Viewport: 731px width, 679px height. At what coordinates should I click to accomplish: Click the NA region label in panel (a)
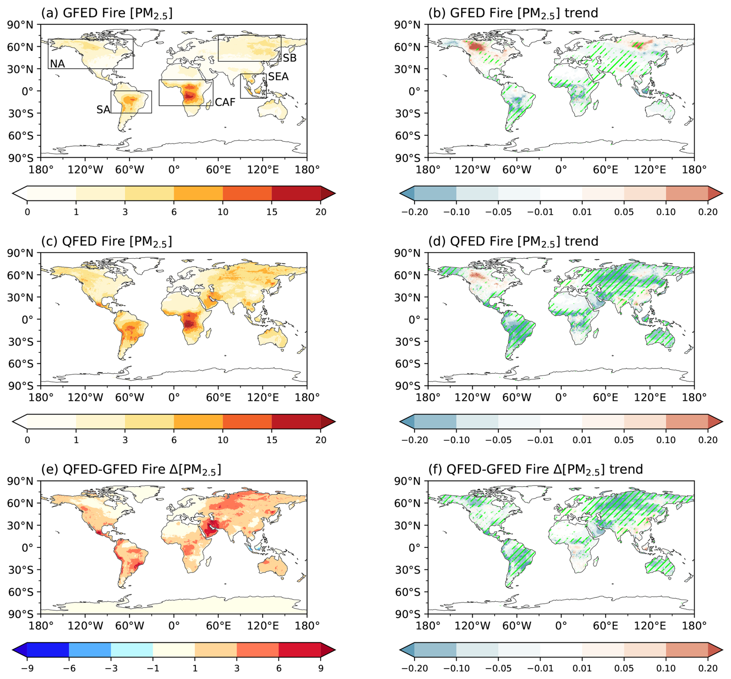pos(57,63)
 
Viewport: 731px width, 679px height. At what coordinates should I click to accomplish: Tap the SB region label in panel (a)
pos(289,58)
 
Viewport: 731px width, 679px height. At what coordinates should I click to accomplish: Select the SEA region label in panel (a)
pos(278,77)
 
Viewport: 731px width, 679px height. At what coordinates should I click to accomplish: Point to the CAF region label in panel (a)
pos(225,102)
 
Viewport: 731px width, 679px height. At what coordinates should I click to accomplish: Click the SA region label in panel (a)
pos(103,110)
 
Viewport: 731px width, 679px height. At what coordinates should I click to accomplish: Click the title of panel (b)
pos(513,13)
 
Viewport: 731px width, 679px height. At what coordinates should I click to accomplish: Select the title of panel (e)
pos(131,470)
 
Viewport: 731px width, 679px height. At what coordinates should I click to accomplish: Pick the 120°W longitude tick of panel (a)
pos(85,170)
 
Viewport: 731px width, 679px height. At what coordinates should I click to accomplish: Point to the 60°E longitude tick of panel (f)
pos(605,626)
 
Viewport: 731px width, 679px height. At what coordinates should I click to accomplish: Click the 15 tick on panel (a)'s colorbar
pos(272,212)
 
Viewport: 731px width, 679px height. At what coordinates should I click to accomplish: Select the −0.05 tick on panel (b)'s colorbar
pos(498,212)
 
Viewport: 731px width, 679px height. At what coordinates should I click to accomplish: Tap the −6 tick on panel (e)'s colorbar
pos(69,668)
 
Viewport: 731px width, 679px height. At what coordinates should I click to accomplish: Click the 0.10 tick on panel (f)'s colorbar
pos(666,668)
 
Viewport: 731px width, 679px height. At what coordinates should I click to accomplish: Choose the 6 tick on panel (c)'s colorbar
pos(174,440)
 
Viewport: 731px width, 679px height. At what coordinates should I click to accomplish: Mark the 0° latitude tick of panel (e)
pos(27,548)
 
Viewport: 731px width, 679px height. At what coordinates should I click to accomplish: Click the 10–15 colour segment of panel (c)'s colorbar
pos(247,421)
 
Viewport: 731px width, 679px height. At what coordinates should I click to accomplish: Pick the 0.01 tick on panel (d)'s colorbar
pos(582,440)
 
